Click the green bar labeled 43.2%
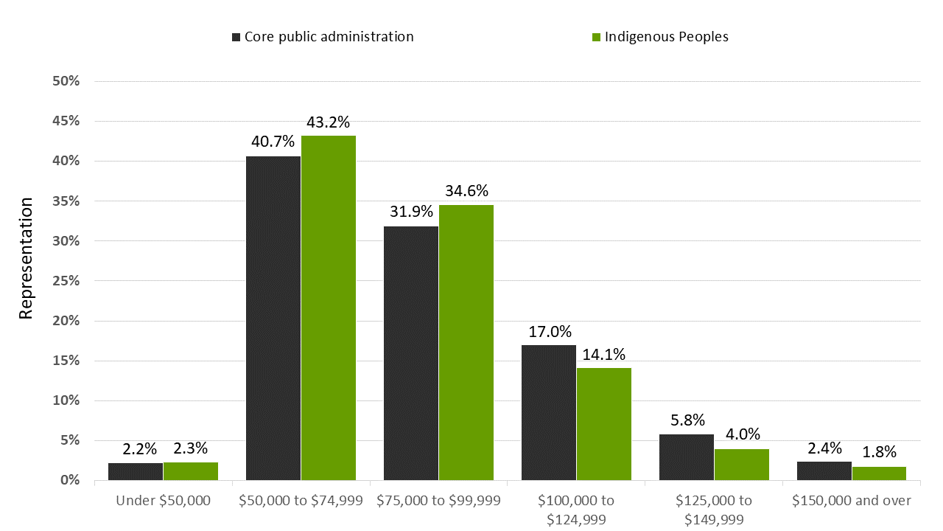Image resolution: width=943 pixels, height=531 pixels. pyautogui.click(x=329, y=308)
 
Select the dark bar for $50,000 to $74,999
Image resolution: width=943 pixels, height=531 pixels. pyautogui.click(x=273, y=318)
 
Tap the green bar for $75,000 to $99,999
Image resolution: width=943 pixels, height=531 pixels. pyautogui.click(x=466, y=342)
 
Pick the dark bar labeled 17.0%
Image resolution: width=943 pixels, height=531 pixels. pyautogui.click(x=549, y=412)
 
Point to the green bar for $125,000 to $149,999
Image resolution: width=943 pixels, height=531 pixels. pyautogui.click(x=742, y=465)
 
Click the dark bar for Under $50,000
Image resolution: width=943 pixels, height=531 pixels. pyautogui.click(x=136, y=472)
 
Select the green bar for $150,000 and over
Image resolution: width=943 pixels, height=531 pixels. pyautogui.click(x=879, y=473)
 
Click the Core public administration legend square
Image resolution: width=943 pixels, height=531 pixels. pyautogui.click(x=236, y=37)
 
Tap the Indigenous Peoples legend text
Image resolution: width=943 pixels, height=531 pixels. pyautogui.click(x=667, y=37)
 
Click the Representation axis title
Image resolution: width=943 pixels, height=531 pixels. pyautogui.click(x=27, y=258)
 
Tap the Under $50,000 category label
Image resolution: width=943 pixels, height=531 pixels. pyautogui.click(x=164, y=501)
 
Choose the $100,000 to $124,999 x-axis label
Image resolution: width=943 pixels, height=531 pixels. pyautogui.click(x=576, y=510)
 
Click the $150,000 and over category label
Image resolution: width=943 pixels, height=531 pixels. pyautogui.click(x=852, y=501)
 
